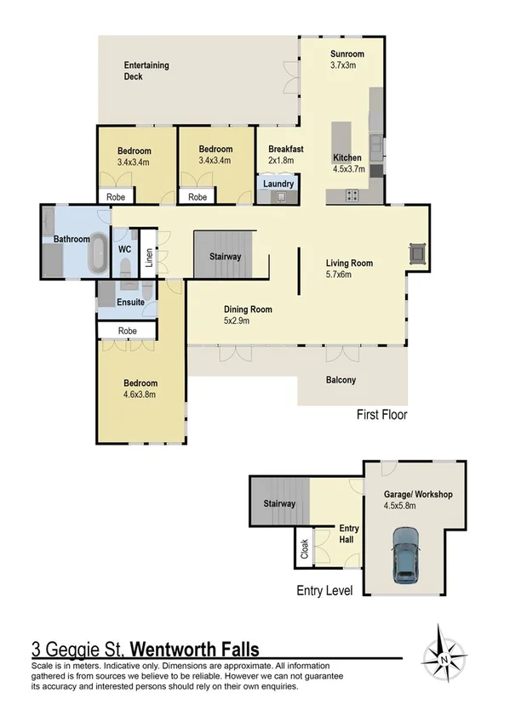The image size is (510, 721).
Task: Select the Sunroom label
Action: [x=347, y=54]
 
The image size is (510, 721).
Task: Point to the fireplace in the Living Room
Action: [x=416, y=253]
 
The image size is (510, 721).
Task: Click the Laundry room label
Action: [x=278, y=184]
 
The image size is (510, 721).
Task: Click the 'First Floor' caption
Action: [x=381, y=416]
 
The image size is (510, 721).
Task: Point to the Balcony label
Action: [x=341, y=380]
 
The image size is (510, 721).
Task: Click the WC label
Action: [x=123, y=249]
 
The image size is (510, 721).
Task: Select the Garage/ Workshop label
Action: [x=417, y=494]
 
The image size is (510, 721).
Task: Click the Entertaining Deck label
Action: [x=146, y=71]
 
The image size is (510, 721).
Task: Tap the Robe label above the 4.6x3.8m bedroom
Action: [x=128, y=330]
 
